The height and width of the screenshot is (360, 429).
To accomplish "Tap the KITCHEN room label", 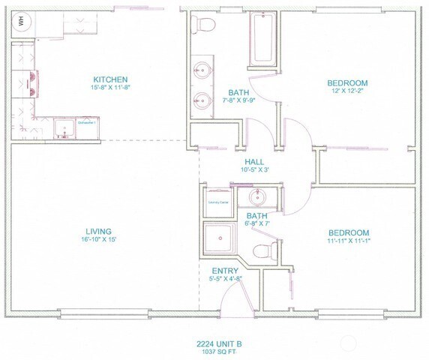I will (111, 80).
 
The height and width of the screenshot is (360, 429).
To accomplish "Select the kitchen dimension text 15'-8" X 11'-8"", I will (111, 88).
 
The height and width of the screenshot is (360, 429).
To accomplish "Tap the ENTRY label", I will (226, 271).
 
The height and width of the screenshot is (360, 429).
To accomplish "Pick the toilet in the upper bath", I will (204, 26).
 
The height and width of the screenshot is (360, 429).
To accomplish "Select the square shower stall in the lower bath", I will (220, 238).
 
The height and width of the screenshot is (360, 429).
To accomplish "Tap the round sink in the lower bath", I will (260, 199).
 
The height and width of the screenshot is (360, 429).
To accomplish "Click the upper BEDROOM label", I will (347, 82).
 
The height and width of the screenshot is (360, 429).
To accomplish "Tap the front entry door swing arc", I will (235, 295).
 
